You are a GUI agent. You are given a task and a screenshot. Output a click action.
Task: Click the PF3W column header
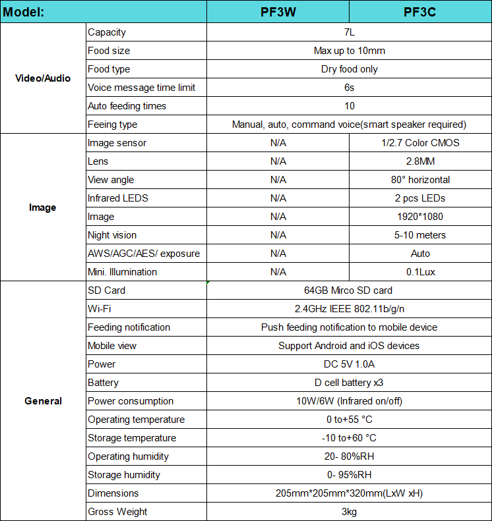click(278, 12)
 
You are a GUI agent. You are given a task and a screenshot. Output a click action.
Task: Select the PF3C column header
click(419, 12)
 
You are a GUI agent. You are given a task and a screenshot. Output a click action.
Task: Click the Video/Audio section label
click(43, 78)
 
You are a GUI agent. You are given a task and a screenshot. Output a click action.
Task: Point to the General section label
click(43, 401)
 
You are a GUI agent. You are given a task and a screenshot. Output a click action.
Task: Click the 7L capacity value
click(349, 32)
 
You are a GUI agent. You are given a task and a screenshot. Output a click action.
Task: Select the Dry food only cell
click(349, 69)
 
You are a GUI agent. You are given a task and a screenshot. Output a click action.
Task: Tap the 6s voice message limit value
click(349, 88)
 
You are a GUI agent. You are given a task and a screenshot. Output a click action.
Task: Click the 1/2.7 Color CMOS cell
click(420, 143)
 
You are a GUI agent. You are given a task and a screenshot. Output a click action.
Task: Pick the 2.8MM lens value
click(420, 161)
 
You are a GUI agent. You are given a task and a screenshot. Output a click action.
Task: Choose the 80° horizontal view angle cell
click(420, 180)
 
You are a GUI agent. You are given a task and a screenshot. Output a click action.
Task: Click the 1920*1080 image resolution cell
click(420, 217)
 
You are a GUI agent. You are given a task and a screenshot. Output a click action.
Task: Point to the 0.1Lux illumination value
click(420, 272)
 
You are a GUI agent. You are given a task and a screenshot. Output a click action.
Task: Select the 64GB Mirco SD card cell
click(349, 290)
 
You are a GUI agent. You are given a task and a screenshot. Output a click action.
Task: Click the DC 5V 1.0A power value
click(349, 364)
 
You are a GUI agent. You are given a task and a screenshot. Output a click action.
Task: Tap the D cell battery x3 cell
click(349, 383)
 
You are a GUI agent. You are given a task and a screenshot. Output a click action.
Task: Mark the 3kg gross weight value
click(349, 512)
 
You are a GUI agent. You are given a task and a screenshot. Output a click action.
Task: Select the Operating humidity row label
click(128, 456)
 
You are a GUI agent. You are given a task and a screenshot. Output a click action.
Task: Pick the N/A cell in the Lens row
click(278, 161)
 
